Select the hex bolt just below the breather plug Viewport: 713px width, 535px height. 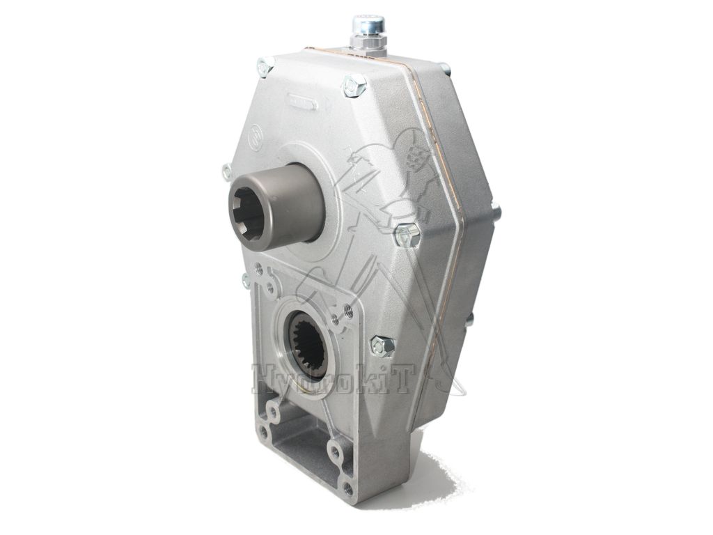click(354, 86)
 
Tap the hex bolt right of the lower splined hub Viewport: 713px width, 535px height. click(382, 344)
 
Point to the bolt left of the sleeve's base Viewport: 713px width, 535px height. click(226, 171)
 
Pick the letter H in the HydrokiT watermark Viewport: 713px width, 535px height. click(263, 380)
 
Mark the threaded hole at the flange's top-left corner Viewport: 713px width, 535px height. click(259, 267)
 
